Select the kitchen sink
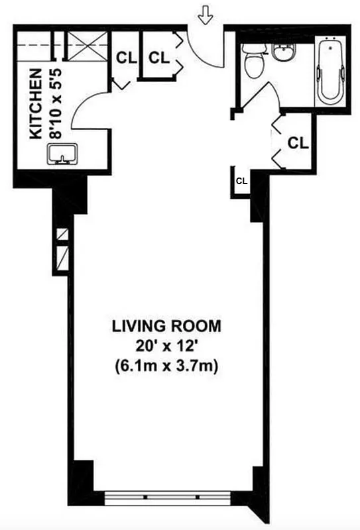[x=61, y=155]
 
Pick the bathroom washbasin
[x=283, y=51]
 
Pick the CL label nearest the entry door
[x=158, y=58]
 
